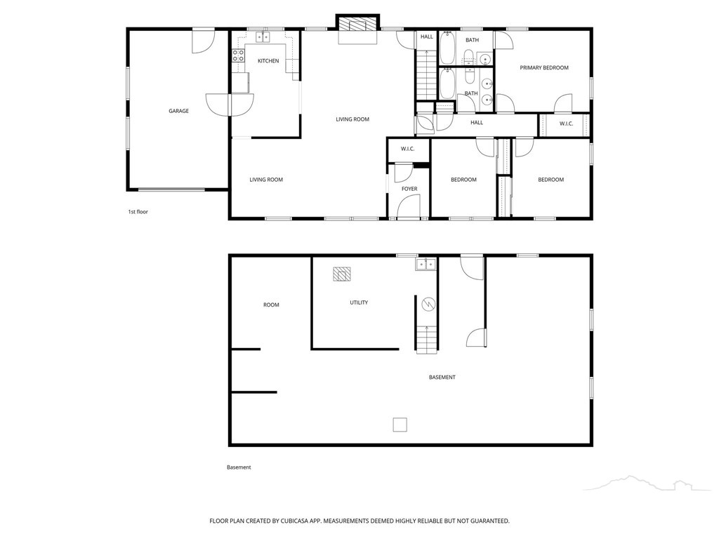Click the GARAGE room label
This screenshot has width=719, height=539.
tap(178, 111)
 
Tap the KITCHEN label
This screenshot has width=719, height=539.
tap(268, 61)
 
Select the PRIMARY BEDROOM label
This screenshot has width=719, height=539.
tap(544, 68)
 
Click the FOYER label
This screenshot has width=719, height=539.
tap(409, 189)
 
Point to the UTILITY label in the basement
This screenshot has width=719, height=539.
tap(359, 302)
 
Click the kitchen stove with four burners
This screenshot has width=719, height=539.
tap(238, 56)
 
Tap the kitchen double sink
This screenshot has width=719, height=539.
tap(263, 36)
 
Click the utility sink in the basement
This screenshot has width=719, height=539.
tap(426, 265)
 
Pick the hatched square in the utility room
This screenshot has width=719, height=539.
tap(342, 274)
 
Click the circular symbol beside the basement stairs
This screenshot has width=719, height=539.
tap(428, 303)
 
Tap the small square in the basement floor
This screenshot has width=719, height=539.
tap(400, 425)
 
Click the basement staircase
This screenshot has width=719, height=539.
tap(427, 339)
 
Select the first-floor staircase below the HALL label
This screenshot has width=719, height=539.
tap(426, 73)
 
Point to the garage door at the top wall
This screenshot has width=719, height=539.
tap(203, 41)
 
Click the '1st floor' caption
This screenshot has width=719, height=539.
tap(138, 212)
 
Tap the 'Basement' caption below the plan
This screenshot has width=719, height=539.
tap(239, 467)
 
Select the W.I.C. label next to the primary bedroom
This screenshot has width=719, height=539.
tap(567, 124)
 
